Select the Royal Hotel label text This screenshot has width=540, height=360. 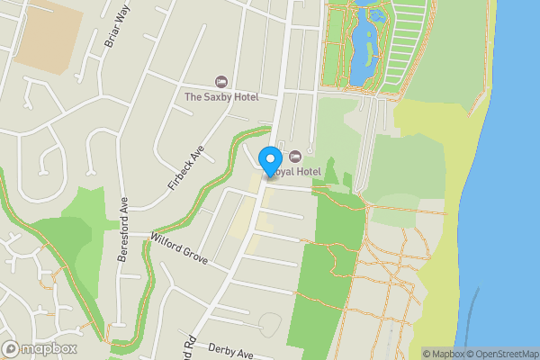click(x=298, y=171)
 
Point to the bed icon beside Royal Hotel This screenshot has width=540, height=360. click(x=294, y=156)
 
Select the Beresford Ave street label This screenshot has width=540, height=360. click(x=123, y=229)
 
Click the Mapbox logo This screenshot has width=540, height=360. click(x=40, y=348)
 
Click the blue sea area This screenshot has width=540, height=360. click(x=517, y=180)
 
